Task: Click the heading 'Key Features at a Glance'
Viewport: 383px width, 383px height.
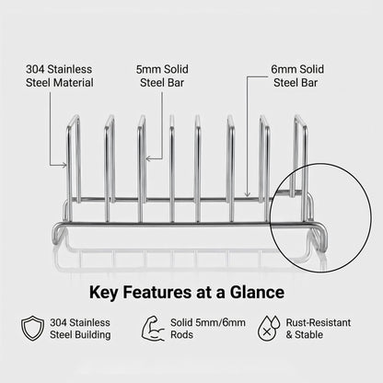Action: pyautogui.click(x=191, y=293)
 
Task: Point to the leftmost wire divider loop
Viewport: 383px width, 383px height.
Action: pyautogui.click(x=74, y=166)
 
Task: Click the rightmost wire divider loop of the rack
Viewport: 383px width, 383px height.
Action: pyautogui.click(x=299, y=166)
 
